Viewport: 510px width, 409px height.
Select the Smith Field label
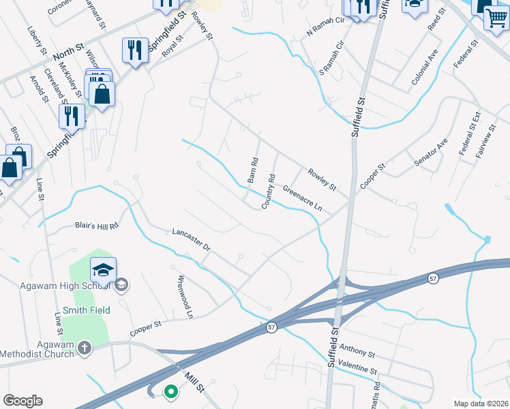[x=87, y=310]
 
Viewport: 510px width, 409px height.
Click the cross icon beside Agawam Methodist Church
[x=84, y=348]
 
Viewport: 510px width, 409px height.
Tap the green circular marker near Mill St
[x=170, y=391]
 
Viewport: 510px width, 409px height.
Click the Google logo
[x=22, y=401]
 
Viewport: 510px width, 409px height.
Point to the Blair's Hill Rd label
[x=96, y=225]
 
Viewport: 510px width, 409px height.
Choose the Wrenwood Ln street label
[x=181, y=297]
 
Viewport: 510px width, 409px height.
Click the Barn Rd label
[x=253, y=171]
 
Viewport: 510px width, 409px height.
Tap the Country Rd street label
[x=268, y=192]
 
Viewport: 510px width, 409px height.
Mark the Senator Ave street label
[x=432, y=153]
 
